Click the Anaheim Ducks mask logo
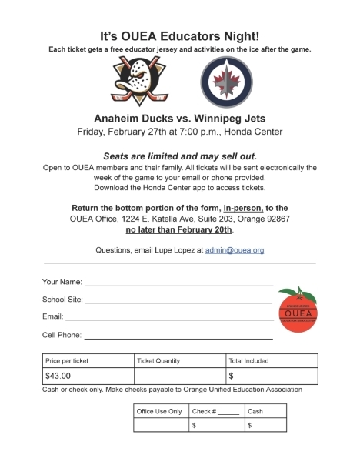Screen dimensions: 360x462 coord(140,82)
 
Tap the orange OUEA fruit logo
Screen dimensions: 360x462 coord(298,310)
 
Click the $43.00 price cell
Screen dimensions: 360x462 coord(88,376)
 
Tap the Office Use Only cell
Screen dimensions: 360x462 coord(159,411)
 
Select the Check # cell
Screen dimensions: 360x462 coord(215,411)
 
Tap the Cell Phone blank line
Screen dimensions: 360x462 coord(178,337)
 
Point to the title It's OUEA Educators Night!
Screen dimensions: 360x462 coord(180,35)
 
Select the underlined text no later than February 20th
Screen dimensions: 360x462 coord(180,230)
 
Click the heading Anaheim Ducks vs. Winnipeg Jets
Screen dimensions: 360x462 coord(180,118)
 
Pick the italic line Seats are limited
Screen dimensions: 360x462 coord(180,155)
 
